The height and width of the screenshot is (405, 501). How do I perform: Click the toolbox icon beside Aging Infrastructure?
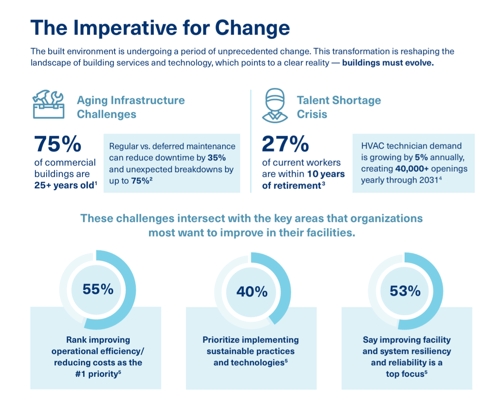(x=48, y=105)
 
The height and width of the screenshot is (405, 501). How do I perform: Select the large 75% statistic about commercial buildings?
(x=58, y=144)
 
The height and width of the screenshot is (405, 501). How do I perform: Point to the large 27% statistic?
(x=285, y=144)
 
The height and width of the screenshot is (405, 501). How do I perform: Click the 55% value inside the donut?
(x=98, y=289)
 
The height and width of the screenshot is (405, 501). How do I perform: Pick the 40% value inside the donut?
(x=252, y=291)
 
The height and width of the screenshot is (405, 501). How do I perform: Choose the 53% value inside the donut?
(x=405, y=291)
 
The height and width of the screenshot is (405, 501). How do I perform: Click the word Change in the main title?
(x=252, y=28)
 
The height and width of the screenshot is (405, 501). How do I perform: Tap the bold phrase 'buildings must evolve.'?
(x=388, y=63)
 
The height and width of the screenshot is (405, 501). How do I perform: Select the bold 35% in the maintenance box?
(x=217, y=158)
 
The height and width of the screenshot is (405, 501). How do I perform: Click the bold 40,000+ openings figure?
(x=411, y=169)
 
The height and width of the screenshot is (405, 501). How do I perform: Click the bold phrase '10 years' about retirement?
(x=326, y=174)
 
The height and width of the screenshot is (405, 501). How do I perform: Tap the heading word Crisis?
(x=312, y=114)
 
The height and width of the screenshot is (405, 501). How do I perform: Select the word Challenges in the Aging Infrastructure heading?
(x=106, y=114)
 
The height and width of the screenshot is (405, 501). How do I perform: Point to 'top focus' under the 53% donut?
(x=405, y=374)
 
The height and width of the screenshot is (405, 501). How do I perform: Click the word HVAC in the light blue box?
(x=372, y=146)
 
